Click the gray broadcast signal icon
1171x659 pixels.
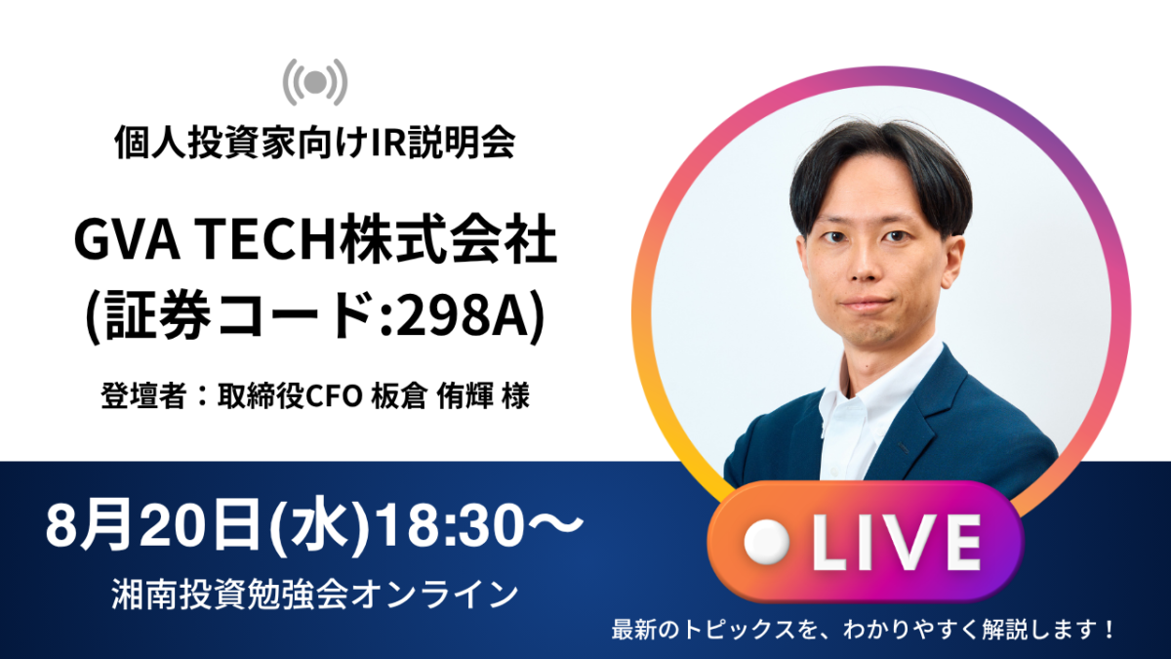[x=314, y=82]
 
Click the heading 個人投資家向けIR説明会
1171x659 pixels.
[x=315, y=142]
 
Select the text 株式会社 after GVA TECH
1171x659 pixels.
[x=447, y=240]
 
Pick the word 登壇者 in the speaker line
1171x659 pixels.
[x=143, y=395]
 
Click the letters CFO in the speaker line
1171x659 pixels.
[x=333, y=396]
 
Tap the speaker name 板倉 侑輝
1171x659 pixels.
[x=431, y=395]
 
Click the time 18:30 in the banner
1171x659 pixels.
[x=450, y=524]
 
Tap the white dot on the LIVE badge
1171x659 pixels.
[x=766, y=542]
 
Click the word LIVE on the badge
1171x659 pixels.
[x=896, y=543]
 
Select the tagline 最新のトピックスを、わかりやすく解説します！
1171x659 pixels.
[x=863, y=630]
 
